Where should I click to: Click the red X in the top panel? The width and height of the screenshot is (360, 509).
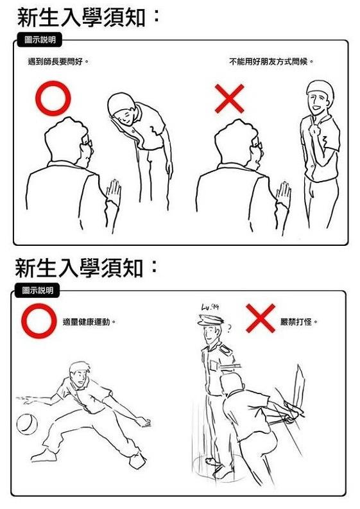[x=230, y=99]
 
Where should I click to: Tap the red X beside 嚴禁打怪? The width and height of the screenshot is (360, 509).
[x=261, y=318]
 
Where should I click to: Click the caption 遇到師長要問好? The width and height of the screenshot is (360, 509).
[x=58, y=62]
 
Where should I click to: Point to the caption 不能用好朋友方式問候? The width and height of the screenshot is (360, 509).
[x=271, y=62]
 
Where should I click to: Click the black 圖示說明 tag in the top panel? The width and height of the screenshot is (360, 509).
[x=39, y=40]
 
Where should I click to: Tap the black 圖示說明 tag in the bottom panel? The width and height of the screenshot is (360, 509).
[x=37, y=291]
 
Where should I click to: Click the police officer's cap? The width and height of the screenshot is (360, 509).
[x=210, y=320]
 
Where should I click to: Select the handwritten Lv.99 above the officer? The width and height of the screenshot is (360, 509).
[x=210, y=307]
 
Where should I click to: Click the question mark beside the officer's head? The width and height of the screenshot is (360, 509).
[x=228, y=329]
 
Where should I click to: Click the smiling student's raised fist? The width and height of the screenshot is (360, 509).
[x=314, y=130]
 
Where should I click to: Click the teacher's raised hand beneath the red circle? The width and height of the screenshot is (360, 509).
[x=114, y=191]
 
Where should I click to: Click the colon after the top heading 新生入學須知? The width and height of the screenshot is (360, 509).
[x=157, y=16]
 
